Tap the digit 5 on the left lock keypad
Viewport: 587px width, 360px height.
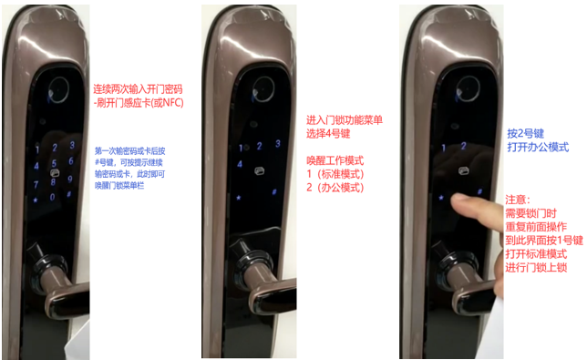(x=55, y=163)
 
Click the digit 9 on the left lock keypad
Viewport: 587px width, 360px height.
(x=70, y=179)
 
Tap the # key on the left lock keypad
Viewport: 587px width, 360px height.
(x=69, y=194)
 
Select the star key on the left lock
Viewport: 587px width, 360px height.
(x=36, y=201)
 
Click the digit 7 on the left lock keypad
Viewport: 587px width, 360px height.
(x=36, y=184)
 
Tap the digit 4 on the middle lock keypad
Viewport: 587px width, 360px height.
(x=240, y=163)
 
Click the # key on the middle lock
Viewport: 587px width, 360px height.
(x=274, y=192)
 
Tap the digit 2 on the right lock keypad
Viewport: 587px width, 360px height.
(x=463, y=146)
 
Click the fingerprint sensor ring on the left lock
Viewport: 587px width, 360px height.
(x=58, y=90)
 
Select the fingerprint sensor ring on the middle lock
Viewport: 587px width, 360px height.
(x=263, y=89)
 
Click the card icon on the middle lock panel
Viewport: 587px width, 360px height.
(x=259, y=171)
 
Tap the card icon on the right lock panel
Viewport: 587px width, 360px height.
(x=463, y=170)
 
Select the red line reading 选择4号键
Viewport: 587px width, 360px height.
(x=328, y=134)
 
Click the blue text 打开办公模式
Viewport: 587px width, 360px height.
(x=538, y=147)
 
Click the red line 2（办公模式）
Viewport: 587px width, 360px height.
(x=335, y=187)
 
